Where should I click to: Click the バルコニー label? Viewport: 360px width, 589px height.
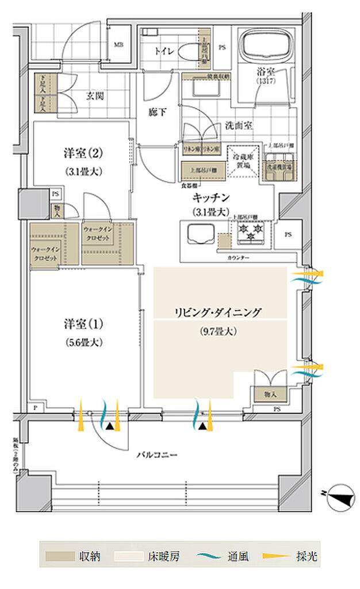point(156,454)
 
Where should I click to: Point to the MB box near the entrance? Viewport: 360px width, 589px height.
point(118,44)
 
